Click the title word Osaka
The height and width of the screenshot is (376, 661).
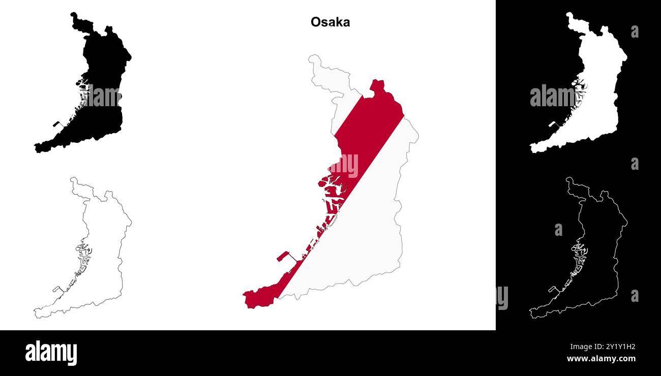pyautogui.click(x=330, y=22)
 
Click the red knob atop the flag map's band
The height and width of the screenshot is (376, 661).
pyautogui.click(x=377, y=85)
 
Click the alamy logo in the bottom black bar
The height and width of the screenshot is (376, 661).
pyautogui.click(x=51, y=353)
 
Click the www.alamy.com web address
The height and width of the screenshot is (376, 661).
pyautogui.click(x=601, y=359)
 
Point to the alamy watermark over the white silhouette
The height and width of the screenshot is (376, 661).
pyautogui.click(x=554, y=97)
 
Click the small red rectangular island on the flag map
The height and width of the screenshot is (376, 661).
pyautogui.click(x=283, y=256)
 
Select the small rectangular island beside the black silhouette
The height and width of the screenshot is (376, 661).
pyautogui.click(x=56, y=123)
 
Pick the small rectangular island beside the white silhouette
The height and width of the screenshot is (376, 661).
pyautogui.click(x=552, y=123)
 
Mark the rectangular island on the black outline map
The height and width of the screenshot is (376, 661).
pyautogui.click(x=56, y=289)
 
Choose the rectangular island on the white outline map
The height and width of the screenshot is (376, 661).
pyautogui.click(x=552, y=289)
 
